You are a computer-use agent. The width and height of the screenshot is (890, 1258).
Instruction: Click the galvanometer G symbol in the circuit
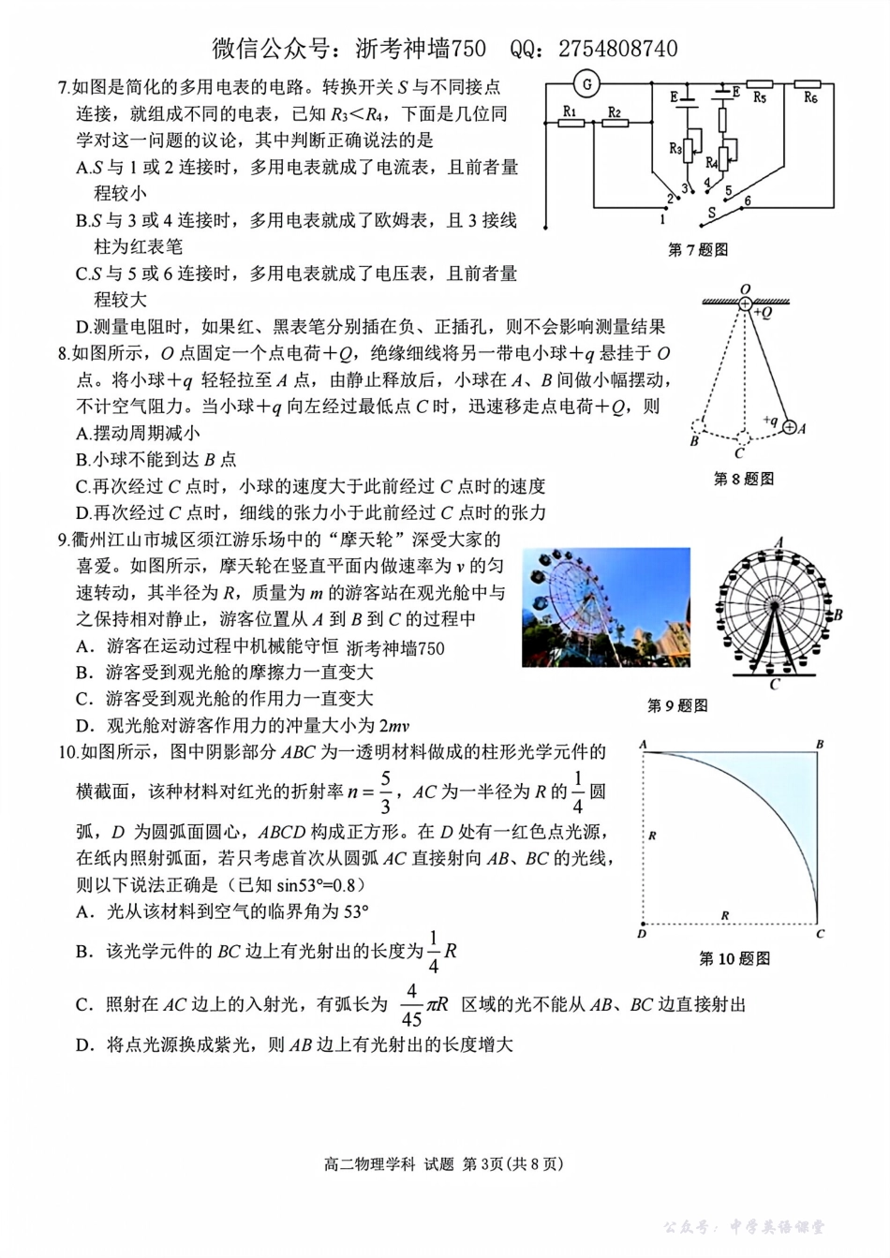pyautogui.click(x=587, y=84)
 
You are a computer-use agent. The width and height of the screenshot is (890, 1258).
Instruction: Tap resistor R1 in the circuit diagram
pyautogui.click(x=571, y=123)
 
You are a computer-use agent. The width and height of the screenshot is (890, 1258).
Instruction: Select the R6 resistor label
pyautogui.click(x=810, y=97)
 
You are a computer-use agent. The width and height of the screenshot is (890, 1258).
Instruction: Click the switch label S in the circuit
pyautogui.click(x=711, y=213)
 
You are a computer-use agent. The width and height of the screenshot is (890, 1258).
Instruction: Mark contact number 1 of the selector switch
pyautogui.click(x=662, y=219)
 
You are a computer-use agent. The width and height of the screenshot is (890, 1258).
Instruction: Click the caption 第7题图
pyautogui.click(x=697, y=250)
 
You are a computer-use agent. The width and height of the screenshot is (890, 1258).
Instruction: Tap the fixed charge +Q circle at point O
pyautogui.click(x=745, y=303)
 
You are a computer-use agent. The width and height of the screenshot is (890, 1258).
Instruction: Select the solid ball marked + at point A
pyautogui.click(x=789, y=428)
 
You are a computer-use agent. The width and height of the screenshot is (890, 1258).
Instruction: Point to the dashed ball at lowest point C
pyautogui.click(x=742, y=438)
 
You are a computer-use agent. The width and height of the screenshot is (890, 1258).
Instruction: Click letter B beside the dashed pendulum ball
pyautogui.click(x=694, y=441)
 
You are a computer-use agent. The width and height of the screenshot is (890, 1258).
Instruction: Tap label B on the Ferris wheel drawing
pyautogui.click(x=838, y=614)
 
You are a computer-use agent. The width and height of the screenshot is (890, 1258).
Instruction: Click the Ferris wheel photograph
pyautogui.click(x=606, y=607)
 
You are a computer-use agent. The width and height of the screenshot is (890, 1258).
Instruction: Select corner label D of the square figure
pyautogui.click(x=642, y=934)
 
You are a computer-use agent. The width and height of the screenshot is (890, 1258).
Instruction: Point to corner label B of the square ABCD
pyautogui.click(x=820, y=745)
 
